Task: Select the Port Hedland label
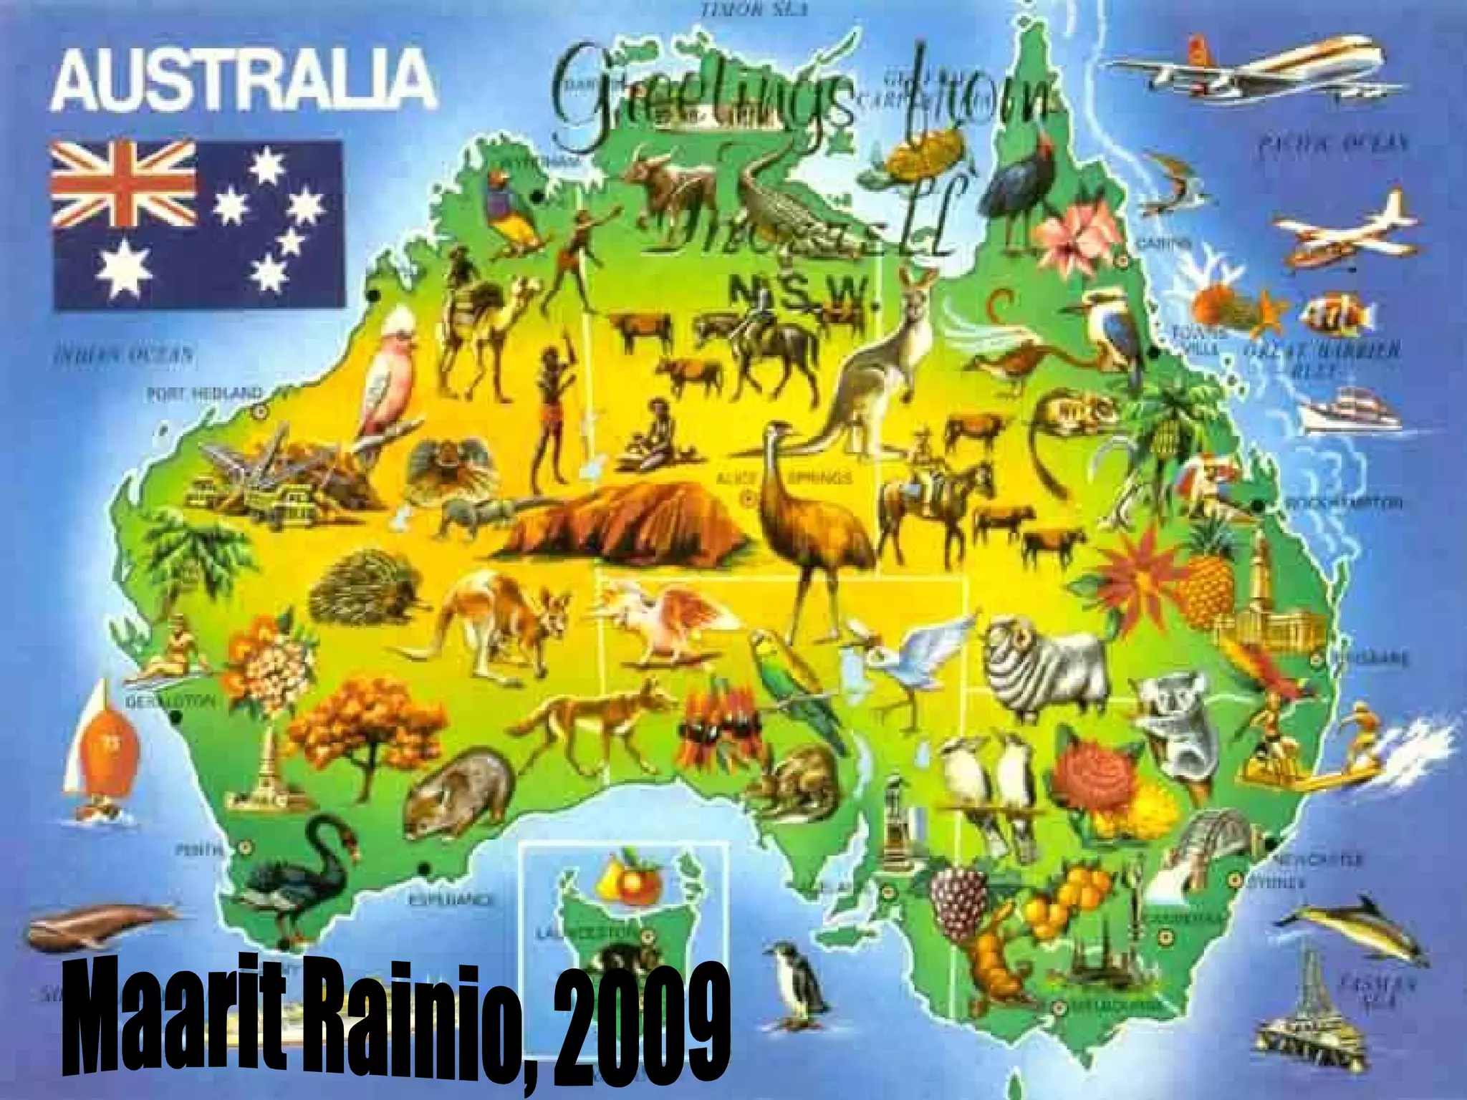[x=205, y=393]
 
